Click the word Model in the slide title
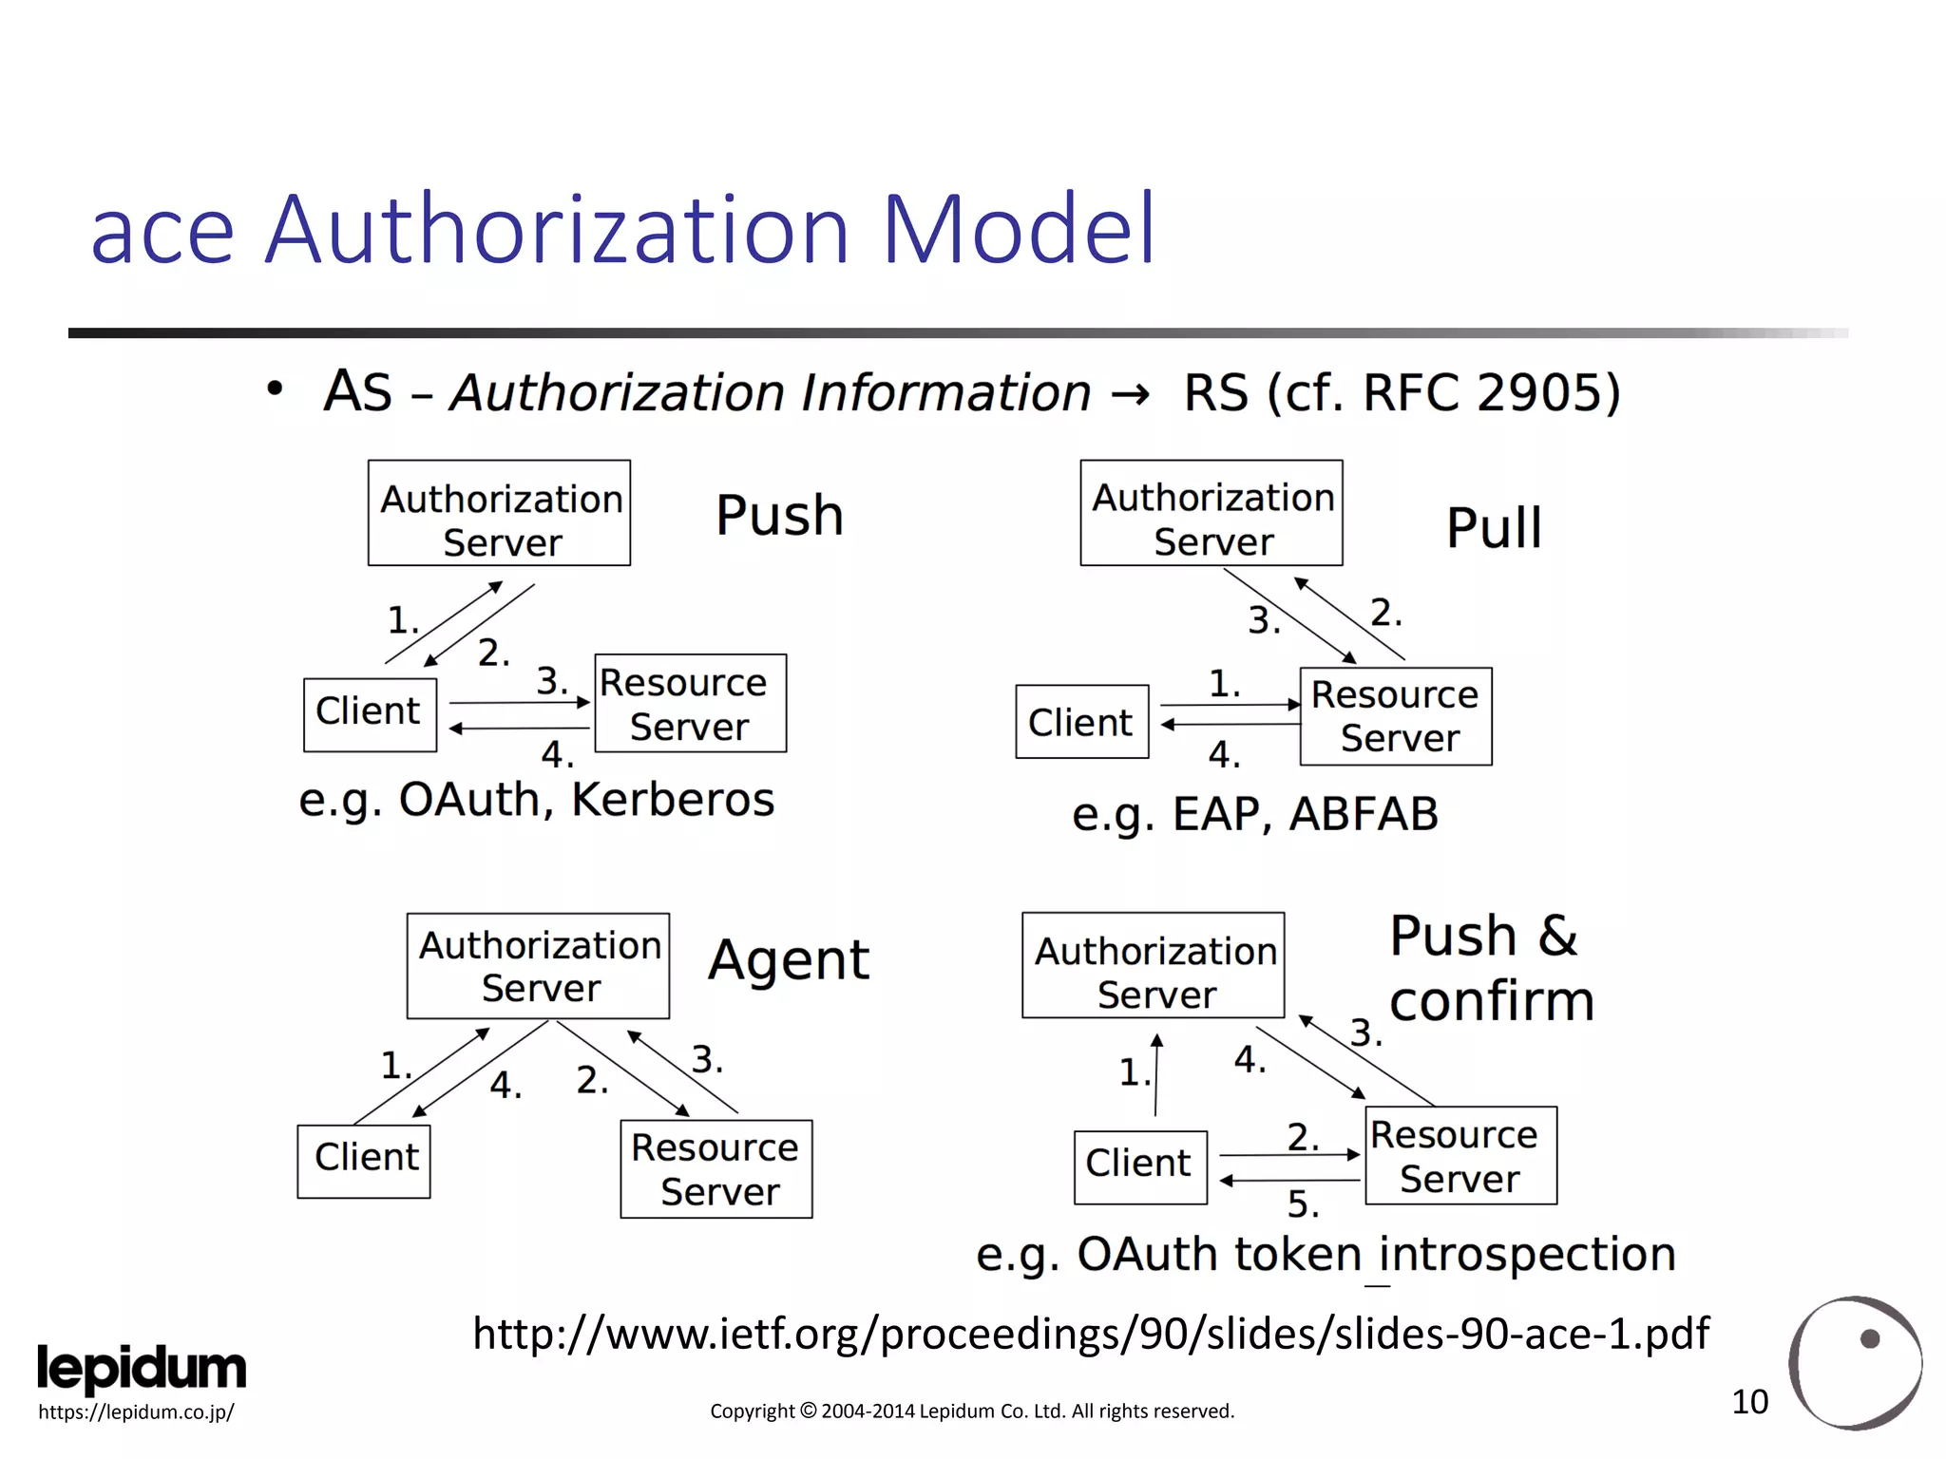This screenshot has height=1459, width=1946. tap(1019, 229)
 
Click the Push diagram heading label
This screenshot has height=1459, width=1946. tap(779, 516)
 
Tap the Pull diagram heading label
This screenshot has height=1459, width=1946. tap(1493, 528)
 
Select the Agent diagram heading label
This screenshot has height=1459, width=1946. tap(788, 960)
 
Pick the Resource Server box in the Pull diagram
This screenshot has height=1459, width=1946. tap(1395, 716)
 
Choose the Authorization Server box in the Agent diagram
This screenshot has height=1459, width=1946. tap(538, 966)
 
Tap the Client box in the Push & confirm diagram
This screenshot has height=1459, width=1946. tap(1139, 1166)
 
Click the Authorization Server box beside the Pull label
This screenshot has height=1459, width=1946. tap(1211, 513)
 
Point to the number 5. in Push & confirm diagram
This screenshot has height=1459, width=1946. tap(1303, 1204)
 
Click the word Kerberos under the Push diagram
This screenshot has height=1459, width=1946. tap(673, 800)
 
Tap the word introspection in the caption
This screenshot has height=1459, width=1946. tap(1527, 1255)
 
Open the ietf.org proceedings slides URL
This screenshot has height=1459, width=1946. tap(1091, 1334)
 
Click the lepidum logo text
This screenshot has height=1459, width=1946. tap(142, 1369)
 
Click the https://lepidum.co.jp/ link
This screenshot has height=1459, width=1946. tap(136, 1412)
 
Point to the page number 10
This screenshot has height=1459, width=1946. tap(1749, 1402)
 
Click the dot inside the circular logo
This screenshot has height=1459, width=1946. tap(1870, 1338)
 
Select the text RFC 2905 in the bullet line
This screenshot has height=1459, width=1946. tap(1490, 392)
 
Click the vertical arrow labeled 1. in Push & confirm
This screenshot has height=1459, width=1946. tap(1156, 1075)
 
